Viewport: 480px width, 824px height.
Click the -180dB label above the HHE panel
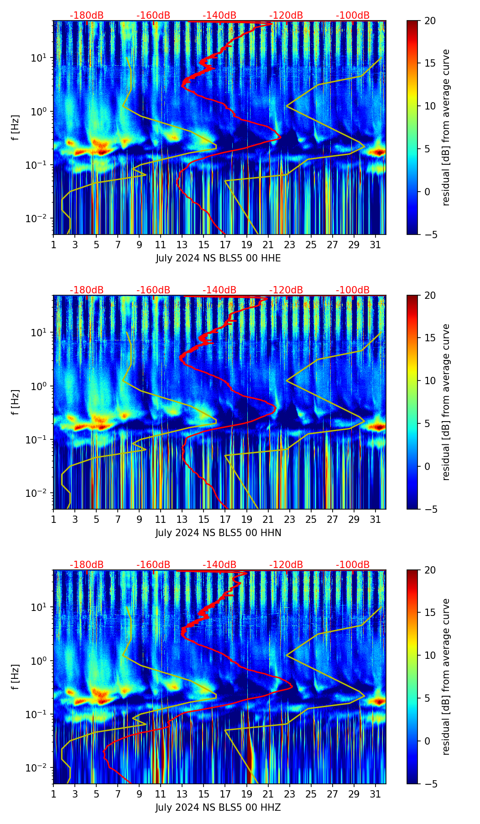pos(87,16)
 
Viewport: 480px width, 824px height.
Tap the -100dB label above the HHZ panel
pos(353,565)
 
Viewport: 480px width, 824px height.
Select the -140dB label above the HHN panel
pos(219,290)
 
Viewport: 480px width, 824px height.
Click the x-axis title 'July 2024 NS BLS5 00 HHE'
pos(218,258)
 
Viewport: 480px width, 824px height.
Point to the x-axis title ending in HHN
pos(218,533)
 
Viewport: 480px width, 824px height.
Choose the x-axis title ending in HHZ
pos(218,808)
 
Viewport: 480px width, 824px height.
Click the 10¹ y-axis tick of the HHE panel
pos(43,58)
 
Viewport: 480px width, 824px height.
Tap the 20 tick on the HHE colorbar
pos(430,21)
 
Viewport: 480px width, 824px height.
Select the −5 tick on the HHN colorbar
pos(430,509)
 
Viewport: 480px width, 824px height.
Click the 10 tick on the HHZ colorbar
pos(430,656)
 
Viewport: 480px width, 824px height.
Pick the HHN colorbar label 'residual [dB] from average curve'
pos(446,402)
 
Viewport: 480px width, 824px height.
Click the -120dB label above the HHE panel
pos(286,16)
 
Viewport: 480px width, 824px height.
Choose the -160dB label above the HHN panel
pos(153,290)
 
